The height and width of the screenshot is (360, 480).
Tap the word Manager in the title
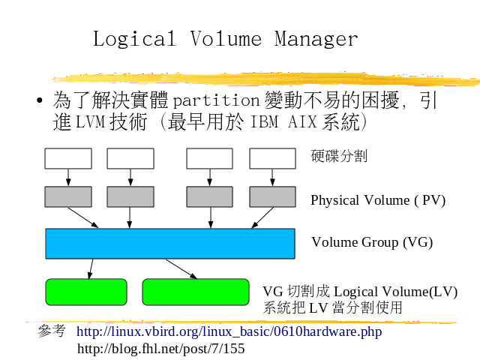click(316, 38)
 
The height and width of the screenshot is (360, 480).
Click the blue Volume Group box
click(170, 244)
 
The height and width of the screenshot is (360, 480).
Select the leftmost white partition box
click(68, 158)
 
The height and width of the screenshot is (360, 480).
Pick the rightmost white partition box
click(272, 158)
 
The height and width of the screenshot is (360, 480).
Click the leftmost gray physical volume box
click(68, 196)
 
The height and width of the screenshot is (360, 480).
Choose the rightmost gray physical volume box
click(272, 196)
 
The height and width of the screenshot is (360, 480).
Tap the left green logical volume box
click(86, 292)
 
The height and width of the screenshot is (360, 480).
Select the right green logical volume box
click(195, 292)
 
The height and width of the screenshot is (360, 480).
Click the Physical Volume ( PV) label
click(378, 200)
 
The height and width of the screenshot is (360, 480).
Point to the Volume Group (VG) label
click(372, 242)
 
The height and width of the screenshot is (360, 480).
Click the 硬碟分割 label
click(339, 156)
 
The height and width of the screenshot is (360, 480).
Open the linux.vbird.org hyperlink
click(229, 331)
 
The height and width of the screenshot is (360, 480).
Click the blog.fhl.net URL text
click(161, 349)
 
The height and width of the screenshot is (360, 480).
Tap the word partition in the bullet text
click(216, 100)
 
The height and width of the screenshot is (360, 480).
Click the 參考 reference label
click(52, 331)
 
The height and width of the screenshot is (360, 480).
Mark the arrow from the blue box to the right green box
click(181, 268)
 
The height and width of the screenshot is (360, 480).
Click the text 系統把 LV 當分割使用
click(332, 307)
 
